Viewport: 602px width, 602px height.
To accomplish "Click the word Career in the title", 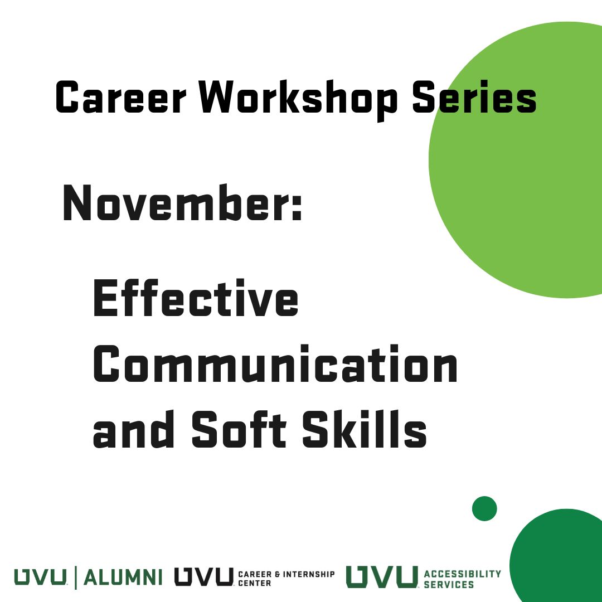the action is pos(121,97).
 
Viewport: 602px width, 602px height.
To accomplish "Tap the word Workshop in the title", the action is pos(298,100).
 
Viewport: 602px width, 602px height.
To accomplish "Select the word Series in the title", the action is pos(474,97).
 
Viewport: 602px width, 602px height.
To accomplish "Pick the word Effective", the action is pos(196,298).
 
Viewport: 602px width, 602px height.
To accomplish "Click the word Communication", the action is pos(275,363).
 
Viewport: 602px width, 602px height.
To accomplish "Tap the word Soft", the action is pos(239,429).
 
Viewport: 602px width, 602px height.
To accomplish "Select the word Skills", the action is pos(365,429).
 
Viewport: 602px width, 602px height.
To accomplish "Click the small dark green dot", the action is pos(484,509).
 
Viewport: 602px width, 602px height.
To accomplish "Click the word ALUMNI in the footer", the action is pos(123,577).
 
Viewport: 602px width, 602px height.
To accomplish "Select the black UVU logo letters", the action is pos(204,577).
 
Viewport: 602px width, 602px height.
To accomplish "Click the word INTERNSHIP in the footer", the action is pos(309,574).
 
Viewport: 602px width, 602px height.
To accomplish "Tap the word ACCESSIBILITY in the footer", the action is pos(463,574).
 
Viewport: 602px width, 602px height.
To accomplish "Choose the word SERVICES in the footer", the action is pos(449,585).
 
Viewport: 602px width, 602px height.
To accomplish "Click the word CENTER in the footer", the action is pos(255,583).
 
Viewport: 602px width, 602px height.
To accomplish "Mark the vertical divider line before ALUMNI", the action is pos(75,577).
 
